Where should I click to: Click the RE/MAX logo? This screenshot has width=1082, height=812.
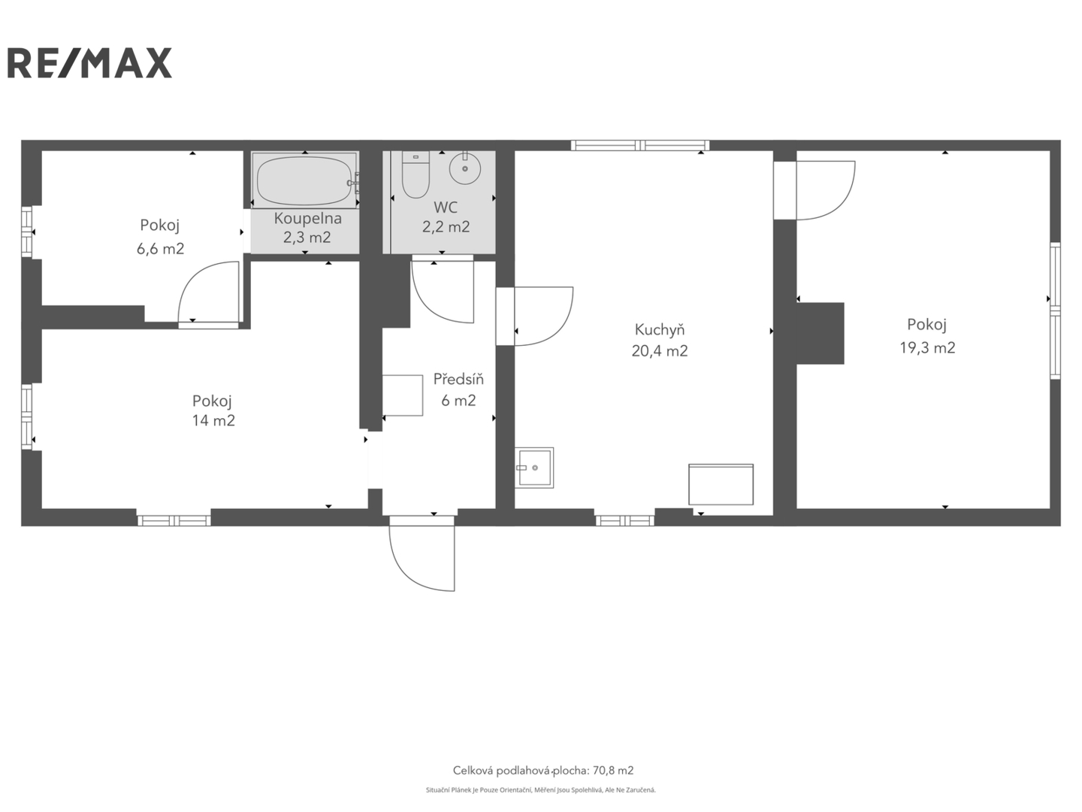point(89,63)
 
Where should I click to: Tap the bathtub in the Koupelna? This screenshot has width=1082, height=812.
point(304,180)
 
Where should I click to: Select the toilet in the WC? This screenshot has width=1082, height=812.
point(416,174)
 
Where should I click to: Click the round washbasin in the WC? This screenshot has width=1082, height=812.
point(464,168)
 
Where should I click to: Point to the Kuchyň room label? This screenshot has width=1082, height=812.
point(660,329)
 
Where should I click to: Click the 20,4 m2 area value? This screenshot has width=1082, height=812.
point(660,350)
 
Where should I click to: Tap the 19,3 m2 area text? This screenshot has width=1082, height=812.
point(927,347)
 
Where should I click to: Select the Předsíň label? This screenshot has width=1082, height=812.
point(458,379)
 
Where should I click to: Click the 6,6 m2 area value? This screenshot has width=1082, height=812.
point(160,248)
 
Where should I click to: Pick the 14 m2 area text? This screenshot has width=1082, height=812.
point(213,420)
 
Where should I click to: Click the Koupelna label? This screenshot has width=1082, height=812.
point(307,218)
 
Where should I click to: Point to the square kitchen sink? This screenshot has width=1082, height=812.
point(533,468)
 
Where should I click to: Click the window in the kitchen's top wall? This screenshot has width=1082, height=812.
point(640,145)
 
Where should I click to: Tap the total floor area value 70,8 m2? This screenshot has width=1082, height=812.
point(613,771)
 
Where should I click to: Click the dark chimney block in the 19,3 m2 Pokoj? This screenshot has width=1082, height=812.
point(821,333)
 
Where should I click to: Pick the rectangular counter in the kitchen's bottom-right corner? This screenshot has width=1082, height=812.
point(721,484)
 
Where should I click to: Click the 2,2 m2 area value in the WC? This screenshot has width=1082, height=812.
point(446,227)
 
